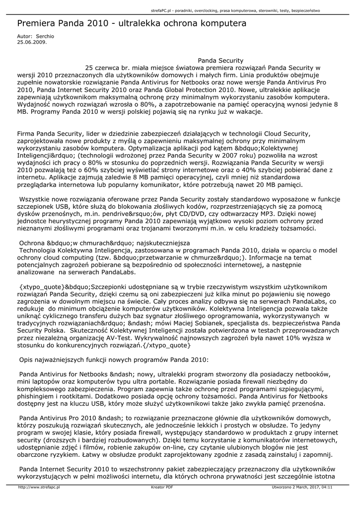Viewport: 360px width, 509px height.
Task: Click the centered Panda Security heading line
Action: (x=220, y=60)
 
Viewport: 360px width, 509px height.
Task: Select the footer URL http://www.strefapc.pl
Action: (x=39, y=488)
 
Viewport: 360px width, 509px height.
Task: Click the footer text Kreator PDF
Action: (x=162, y=488)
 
